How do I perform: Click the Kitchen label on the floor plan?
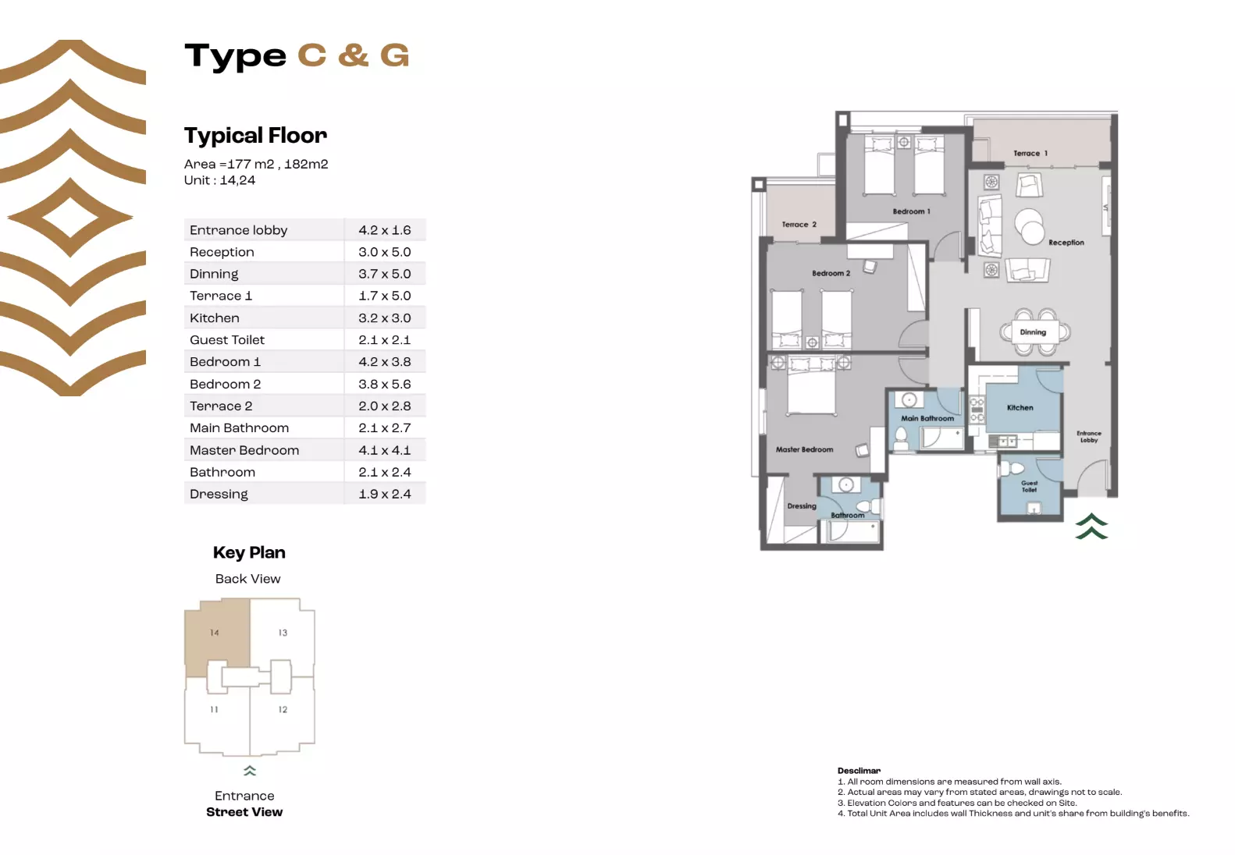1020,408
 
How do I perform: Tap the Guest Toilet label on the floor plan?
1029,487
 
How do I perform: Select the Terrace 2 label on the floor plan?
799,225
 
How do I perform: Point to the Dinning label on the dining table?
1032,332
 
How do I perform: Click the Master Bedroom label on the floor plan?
804,450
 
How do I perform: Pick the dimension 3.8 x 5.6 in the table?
384,384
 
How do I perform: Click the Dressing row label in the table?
219,494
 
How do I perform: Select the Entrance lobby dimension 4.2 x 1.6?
384,230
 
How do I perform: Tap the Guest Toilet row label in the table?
227,340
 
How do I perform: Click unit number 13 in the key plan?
283,633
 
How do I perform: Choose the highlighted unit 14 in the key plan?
215,633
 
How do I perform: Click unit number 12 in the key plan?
283,710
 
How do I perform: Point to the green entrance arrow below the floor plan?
1091,527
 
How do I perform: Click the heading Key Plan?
249,552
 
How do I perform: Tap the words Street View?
244,812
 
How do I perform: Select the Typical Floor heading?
255,136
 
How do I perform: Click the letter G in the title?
394,56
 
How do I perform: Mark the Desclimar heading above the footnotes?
859,771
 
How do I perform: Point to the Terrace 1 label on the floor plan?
1030,154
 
